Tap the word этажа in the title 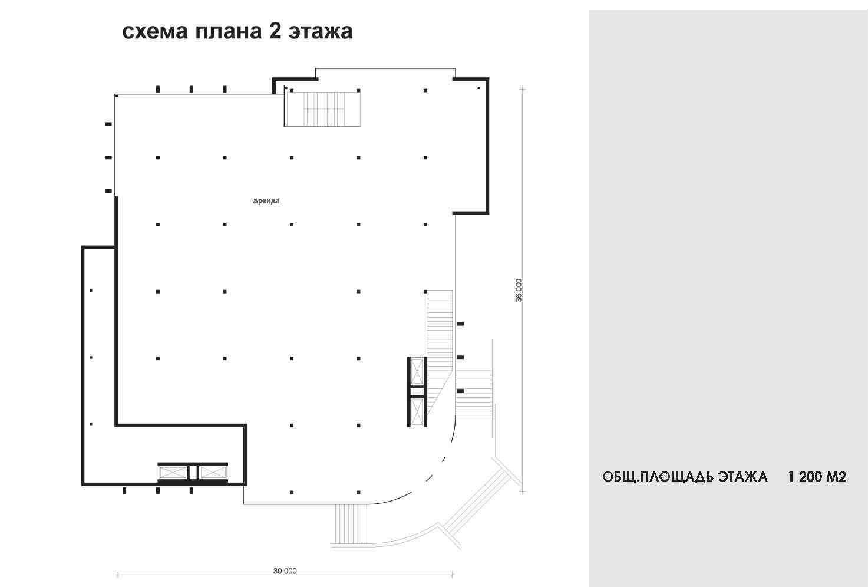(320, 31)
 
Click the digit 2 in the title (275, 31)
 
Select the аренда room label (266, 201)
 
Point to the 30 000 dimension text (285, 570)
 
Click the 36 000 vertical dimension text (519, 290)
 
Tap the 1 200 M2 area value (817, 477)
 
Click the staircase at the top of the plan (323, 109)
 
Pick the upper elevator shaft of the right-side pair (417, 372)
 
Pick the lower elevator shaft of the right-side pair (417, 412)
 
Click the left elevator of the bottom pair (173, 473)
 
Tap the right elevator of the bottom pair (213, 473)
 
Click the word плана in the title (228, 31)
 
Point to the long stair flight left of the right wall (440, 349)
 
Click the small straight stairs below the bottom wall (351, 524)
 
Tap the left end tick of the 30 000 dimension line (118, 575)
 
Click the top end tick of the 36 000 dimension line (522, 90)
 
